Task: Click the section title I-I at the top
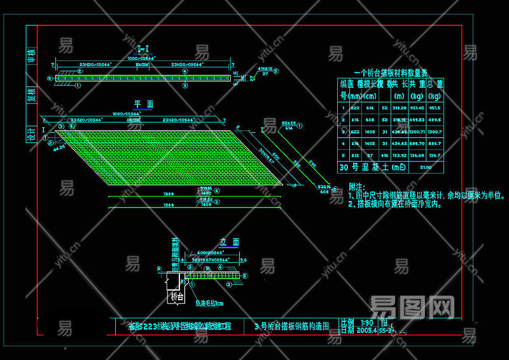pos(144,49)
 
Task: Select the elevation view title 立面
pos(229,242)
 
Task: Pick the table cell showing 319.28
pos(400,107)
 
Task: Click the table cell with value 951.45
pos(417,107)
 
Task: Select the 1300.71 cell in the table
pos(417,131)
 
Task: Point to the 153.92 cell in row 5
pos(400,155)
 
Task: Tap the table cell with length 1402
pos(370,143)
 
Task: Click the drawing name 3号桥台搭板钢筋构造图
pos(291,326)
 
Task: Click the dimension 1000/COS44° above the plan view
pos(127,114)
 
